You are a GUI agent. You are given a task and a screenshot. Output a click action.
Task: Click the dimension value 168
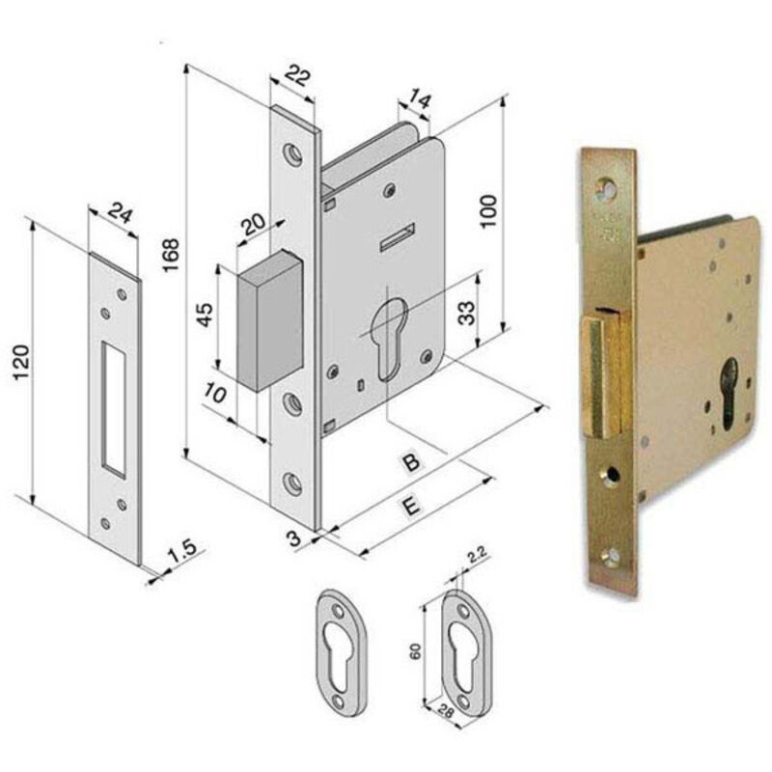(171, 255)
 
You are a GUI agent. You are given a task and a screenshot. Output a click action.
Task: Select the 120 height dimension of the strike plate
(21, 363)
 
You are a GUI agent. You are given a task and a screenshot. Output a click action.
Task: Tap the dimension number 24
(120, 212)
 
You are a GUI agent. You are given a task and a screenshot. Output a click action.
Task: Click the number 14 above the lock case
(420, 100)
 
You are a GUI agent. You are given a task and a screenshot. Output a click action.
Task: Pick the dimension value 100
(489, 211)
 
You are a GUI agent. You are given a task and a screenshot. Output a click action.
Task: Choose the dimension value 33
(466, 313)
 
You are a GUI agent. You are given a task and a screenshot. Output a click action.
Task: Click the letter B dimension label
(411, 463)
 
